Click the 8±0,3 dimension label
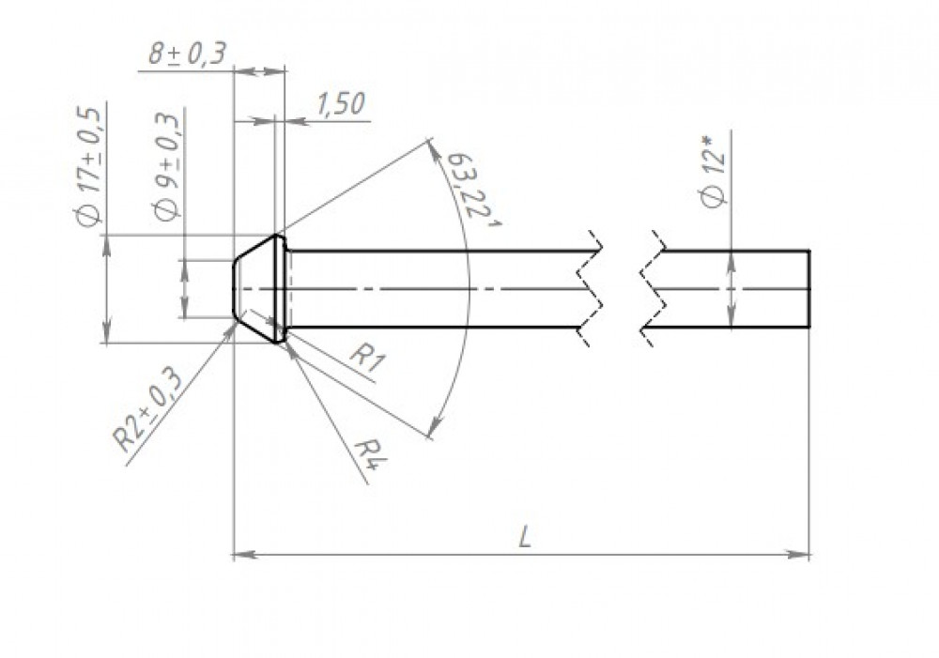click(x=187, y=54)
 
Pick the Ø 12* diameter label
click(x=714, y=172)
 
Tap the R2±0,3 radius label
click(x=148, y=410)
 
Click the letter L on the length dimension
click(x=525, y=537)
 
